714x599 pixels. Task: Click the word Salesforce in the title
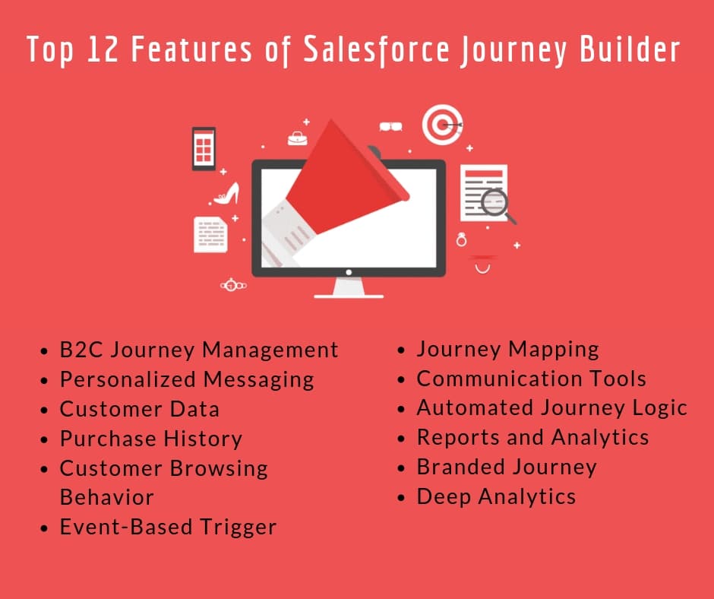point(376,49)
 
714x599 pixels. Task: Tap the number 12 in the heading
point(103,49)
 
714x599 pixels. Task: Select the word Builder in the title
point(630,49)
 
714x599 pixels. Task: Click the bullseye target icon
point(442,125)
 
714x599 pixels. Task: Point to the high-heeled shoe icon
point(227,194)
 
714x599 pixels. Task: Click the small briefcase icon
point(297,138)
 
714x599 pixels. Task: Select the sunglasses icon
point(390,126)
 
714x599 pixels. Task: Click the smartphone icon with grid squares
point(204,149)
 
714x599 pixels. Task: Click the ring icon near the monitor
point(461,239)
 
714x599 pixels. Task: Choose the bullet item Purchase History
point(150,439)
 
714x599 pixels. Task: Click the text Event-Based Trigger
point(168,528)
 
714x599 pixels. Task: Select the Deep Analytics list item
point(496,497)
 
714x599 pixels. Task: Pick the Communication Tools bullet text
point(532,379)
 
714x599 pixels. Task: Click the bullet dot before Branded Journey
point(401,468)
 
